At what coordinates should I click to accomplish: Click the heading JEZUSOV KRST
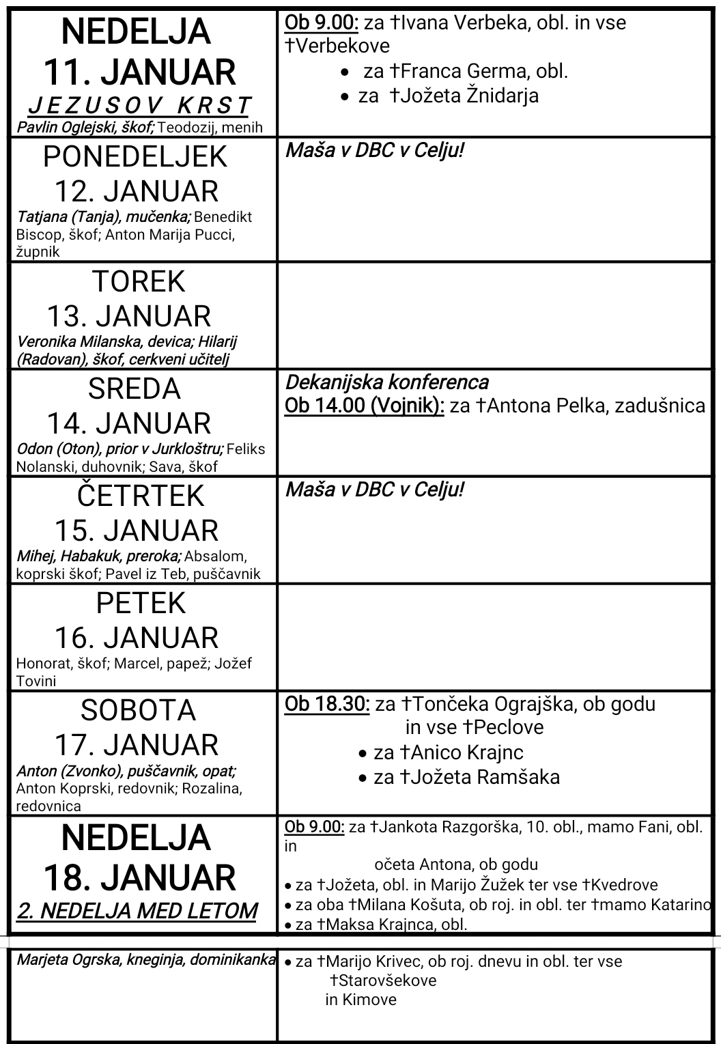(x=139, y=106)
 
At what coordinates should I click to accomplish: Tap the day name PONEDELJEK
(x=135, y=157)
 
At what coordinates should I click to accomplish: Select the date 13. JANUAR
(x=129, y=316)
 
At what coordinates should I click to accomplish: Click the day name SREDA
(x=135, y=389)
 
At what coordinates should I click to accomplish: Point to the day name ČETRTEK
(x=140, y=496)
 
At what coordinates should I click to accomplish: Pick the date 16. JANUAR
(x=137, y=638)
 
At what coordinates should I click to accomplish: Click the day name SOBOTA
(x=139, y=711)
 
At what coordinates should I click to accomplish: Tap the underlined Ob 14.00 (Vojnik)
(x=365, y=406)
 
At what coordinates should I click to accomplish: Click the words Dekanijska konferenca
(x=386, y=382)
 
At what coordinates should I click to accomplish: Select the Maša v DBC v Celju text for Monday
(x=374, y=150)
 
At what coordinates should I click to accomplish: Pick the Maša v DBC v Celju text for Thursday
(x=374, y=490)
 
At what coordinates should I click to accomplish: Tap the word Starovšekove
(x=383, y=980)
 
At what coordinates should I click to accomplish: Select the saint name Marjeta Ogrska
(x=68, y=959)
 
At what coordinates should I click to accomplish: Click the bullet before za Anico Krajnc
(x=364, y=753)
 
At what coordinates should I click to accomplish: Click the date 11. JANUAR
(x=139, y=72)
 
